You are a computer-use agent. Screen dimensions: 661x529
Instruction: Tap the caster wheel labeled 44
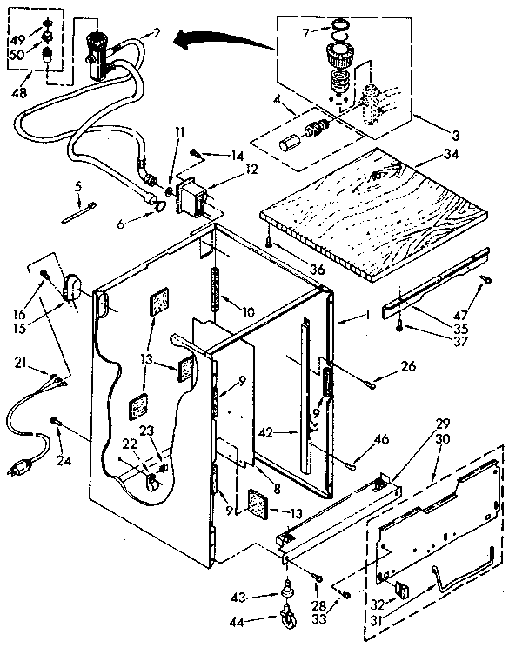[288, 619]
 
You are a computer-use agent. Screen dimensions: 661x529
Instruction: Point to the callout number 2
[157, 33]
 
